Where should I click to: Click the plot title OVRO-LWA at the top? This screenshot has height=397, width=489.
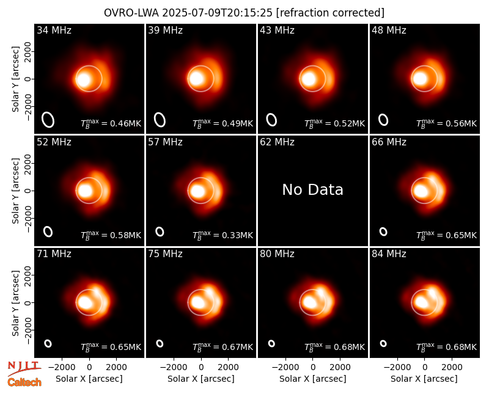131,13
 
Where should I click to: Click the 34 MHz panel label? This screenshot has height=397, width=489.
54,30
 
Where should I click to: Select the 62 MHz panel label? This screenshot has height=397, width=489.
277,142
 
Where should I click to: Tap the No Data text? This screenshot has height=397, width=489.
312,189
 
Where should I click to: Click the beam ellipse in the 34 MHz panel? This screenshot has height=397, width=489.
48,120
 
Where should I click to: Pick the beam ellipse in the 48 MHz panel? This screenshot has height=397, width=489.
383,120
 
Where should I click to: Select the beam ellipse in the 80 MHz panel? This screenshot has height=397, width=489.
271,343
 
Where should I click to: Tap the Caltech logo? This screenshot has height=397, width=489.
24,382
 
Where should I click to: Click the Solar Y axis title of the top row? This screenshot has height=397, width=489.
15,79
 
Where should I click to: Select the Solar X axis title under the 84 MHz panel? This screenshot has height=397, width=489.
424,379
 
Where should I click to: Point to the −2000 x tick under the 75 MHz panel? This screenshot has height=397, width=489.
174,368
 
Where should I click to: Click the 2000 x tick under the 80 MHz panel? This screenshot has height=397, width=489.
340,368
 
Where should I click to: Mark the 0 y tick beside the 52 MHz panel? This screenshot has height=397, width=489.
28,191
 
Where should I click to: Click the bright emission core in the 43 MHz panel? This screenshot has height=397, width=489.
309,79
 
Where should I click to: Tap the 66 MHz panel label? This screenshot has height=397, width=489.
389,142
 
